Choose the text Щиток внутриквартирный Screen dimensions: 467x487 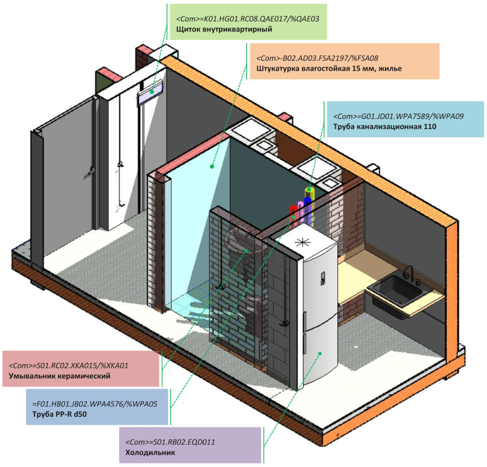[x=224, y=30]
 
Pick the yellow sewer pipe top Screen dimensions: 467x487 [x=311, y=191]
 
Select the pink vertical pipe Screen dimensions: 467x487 [x=300, y=209]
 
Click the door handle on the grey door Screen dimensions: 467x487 [x=91, y=171]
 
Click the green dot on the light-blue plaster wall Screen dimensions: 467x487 [x=212, y=166]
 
